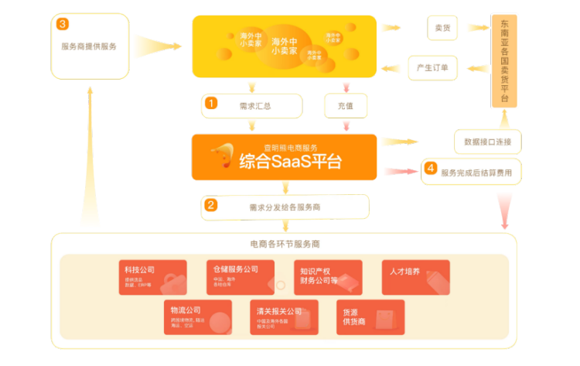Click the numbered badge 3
click(x=63, y=24)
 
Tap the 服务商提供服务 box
click(x=89, y=46)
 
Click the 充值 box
click(x=345, y=105)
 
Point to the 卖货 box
click(x=442, y=28)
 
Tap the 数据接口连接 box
click(x=487, y=142)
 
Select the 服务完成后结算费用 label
click(x=476, y=173)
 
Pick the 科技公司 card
click(x=152, y=277)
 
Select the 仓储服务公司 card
click(x=240, y=277)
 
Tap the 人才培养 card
click(x=416, y=277)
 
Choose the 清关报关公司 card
click(x=284, y=316)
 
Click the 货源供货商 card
click(x=369, y=316)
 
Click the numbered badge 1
click(x=211, y=102)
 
